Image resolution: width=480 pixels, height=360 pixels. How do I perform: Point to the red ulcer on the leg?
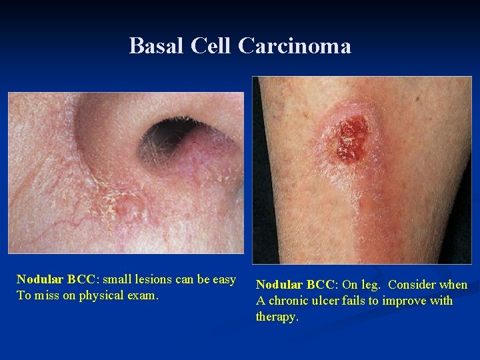[351, 139]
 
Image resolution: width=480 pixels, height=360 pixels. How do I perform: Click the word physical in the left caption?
[110, 295]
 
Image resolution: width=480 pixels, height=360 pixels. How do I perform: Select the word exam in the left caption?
[146, 295]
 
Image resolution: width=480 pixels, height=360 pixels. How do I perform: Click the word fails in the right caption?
[361, 301]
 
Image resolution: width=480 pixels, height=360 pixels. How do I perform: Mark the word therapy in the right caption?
[276, 317]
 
